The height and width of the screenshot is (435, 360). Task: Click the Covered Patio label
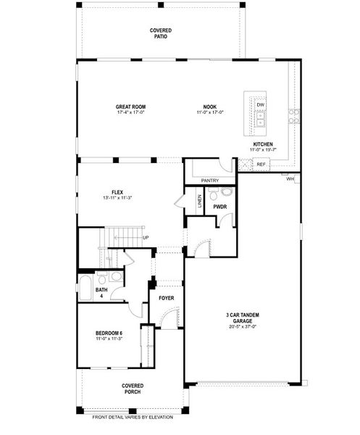pyautogui.click(x=160, y=33)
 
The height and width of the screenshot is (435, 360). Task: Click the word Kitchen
pyautogui.click(x=262, y=144)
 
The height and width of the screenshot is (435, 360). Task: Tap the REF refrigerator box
pyautogui.click(x=261, y=165)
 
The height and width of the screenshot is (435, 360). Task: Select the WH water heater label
pyautogui.click(x=290, y=178)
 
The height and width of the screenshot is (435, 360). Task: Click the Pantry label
pyautogui.click(x=210, y=180)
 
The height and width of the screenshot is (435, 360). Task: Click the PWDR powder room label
pyautogui.click(x=220, y=207)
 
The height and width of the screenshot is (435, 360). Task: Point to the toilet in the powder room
pyautogui.click(x=225, y=193)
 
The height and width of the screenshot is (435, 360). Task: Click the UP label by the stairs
pyautogui.click(x=146, y=238)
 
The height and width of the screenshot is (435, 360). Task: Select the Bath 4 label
pyautogui.click(x=101, y=293)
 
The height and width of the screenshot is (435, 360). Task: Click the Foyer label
pyautogui.click(x=167, y=298)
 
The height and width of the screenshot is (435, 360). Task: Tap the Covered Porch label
pyautogui.click(x=132, y=389)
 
